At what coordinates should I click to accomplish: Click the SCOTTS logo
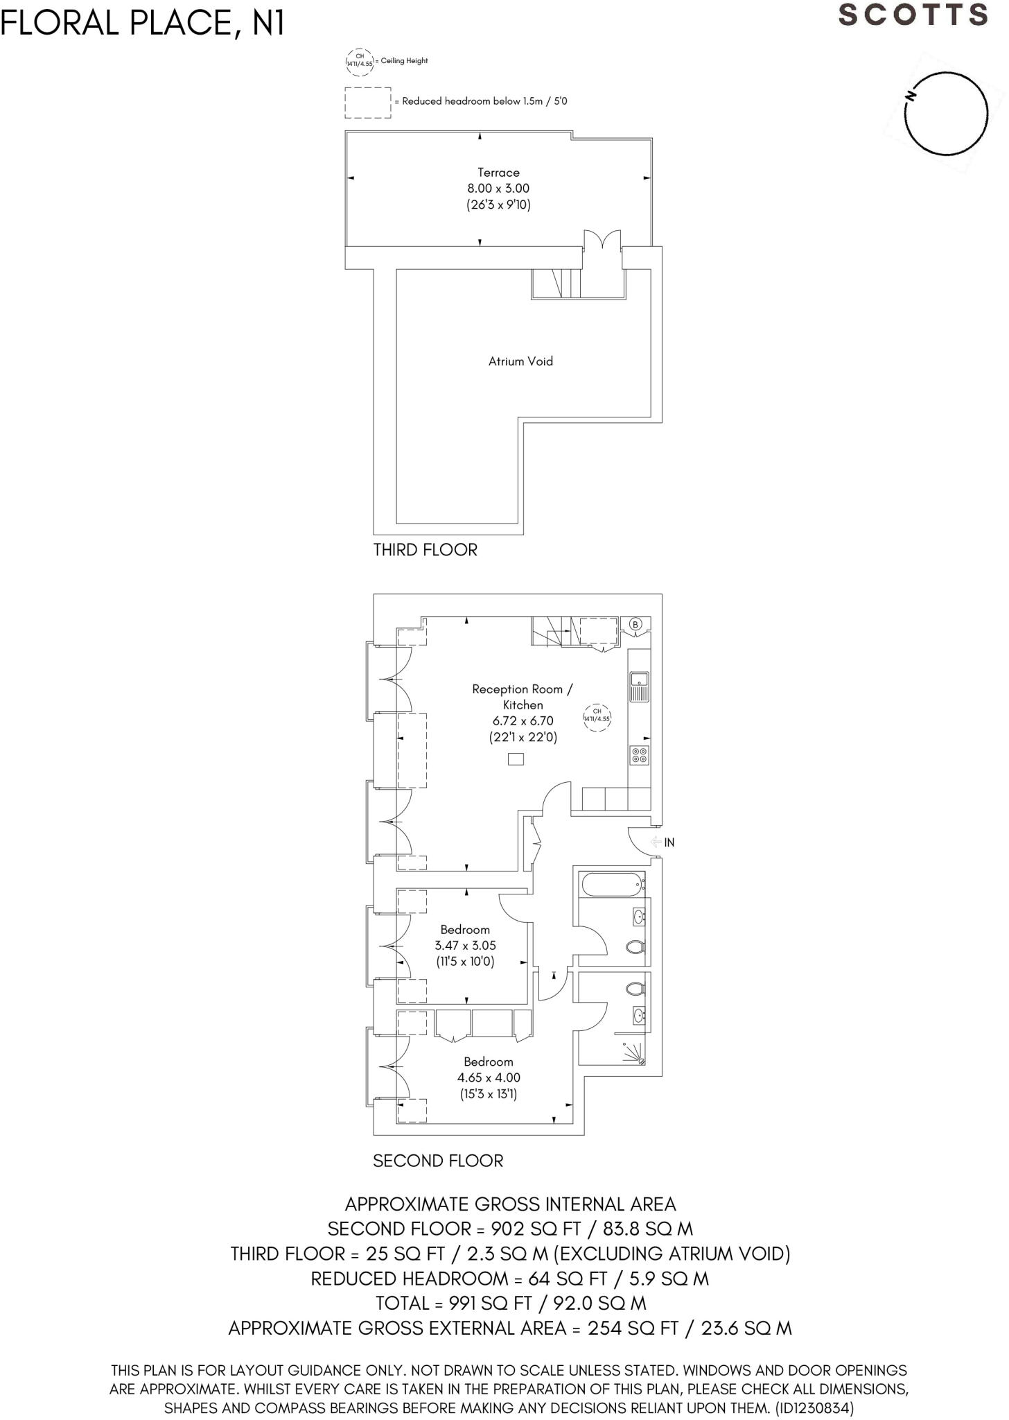tap(913, 15)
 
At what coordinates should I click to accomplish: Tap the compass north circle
tap(946, 114)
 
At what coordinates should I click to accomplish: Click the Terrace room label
tap(498, 173)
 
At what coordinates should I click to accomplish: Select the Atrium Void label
tap(520, 361)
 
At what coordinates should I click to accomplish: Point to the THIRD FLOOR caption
tap(425, 550)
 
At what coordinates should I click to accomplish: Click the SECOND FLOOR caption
tap(438, 1161)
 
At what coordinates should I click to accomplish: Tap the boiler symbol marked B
tap(635, 625)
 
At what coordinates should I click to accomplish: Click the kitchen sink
tap(639, 685)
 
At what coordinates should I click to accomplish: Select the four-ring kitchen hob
tap(639, 755)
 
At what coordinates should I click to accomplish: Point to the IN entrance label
tap(669, 842)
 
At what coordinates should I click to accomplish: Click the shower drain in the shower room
tap(642, 1062)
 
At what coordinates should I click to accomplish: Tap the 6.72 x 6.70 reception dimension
tap(523, 721)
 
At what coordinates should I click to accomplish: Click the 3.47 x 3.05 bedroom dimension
tap(465, 946)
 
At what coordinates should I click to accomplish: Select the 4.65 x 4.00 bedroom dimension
tap(489, 1077)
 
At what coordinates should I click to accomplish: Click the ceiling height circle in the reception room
tap(597, 715)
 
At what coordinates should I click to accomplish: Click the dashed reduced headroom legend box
tap(368, 103)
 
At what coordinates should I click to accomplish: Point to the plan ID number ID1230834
tap(810, 1408)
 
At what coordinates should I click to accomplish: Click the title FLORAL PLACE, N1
tap(143, 24)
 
